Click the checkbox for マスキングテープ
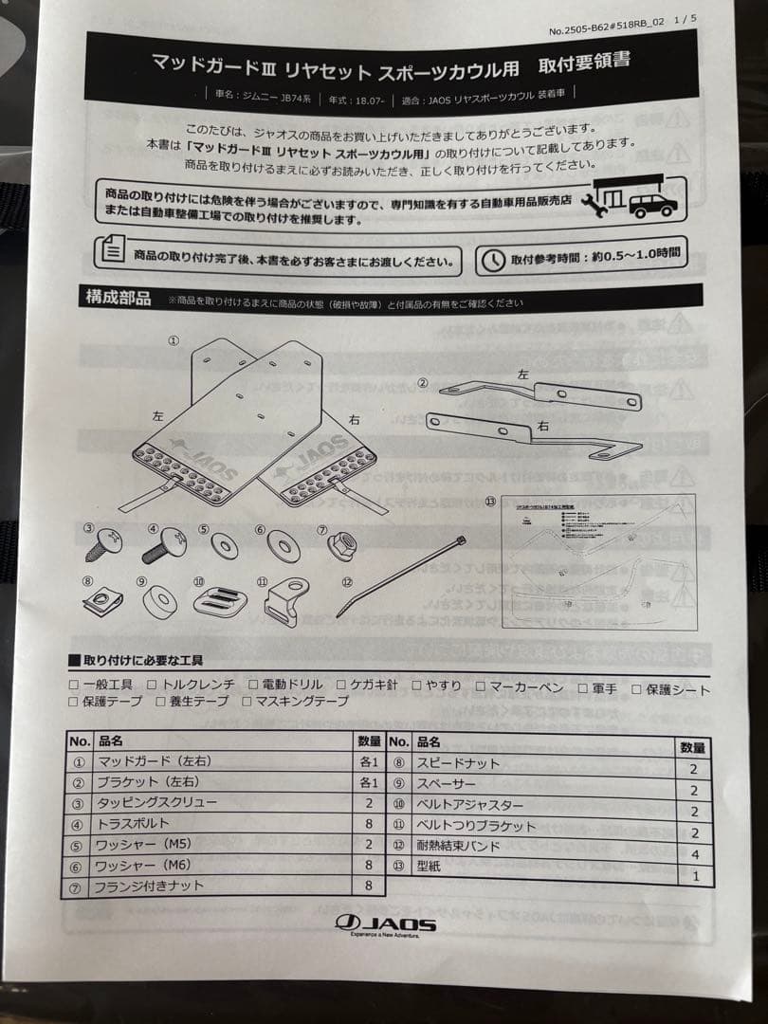(x=247, y=702)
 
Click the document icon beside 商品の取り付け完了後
(x=112, y=252)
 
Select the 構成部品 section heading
(x=119, y=298)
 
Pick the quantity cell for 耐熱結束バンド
(x=694, y=855)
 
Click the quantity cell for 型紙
(x=695, y=876)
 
